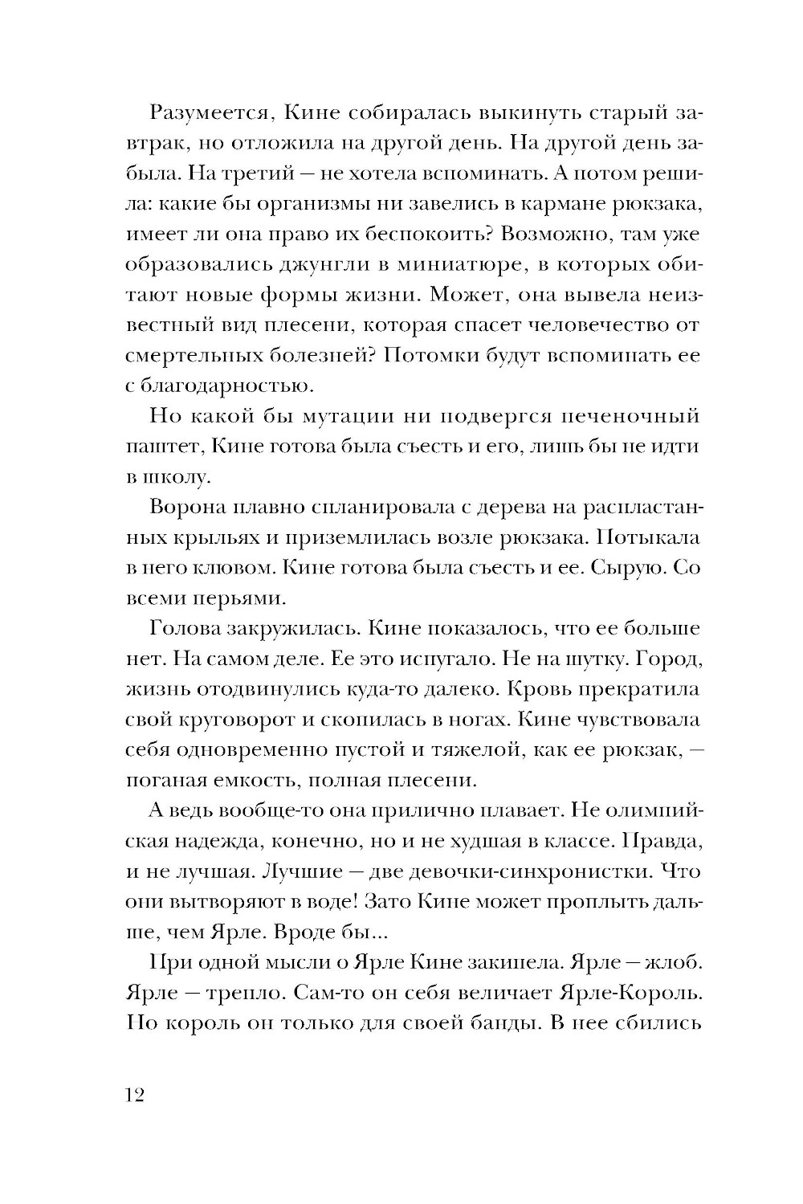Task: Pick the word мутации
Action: pos(352,417)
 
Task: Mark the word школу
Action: pos(169,478)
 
